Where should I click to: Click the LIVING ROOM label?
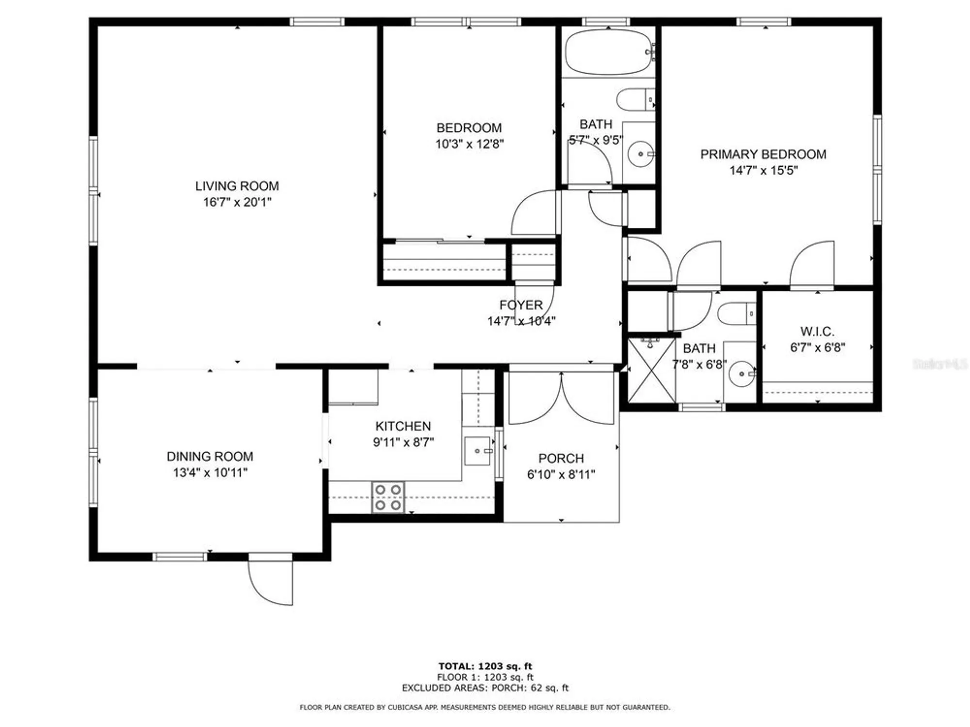point(237,186)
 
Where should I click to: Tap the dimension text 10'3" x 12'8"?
point(469,144)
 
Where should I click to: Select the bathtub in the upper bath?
point(609,52)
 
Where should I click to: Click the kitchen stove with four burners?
point(388,497)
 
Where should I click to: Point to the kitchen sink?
point(478,451)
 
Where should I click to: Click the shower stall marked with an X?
point(651,371)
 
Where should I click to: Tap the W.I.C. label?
point(817,332)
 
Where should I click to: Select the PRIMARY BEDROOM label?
point(763,154)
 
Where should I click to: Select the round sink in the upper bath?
point(640,154)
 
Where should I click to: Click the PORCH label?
point(561,458)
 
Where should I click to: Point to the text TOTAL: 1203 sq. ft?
point(485,666)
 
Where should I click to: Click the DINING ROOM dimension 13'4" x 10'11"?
point(210,473)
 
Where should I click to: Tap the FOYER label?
point(521,305)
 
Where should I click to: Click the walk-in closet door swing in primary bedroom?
point(813,264)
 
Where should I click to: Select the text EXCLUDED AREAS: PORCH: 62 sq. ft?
point(485,688)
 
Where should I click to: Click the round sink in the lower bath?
point(741,374)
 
